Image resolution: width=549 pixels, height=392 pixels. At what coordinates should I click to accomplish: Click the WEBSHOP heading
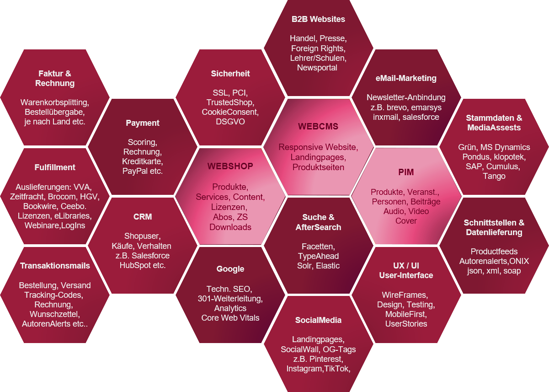[x=230, y=166]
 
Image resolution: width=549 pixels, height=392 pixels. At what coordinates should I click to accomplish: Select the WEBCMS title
[x=318, y=126]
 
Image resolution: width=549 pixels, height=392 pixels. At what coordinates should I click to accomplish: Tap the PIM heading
[x=406, y=172]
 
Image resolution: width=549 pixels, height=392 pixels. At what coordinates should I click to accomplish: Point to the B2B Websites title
[x=318, y=19]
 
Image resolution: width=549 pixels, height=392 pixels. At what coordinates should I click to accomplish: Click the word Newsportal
[x=317, y=67]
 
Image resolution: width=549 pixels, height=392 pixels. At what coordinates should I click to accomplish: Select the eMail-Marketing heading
[x=406, y=78]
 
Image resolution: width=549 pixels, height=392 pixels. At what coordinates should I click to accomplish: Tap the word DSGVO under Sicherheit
[x=230, y=121]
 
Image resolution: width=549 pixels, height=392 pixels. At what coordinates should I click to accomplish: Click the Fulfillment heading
[x=55, y=167]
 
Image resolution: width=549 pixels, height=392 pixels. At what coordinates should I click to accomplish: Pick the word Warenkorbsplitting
[x=55, y=102]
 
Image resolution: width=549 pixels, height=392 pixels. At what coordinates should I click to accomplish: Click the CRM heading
[x=143, y=217]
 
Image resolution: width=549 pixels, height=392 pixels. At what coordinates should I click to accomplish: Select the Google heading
[x=230, y=269]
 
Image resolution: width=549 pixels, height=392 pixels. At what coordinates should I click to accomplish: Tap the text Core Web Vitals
[x=230, y=318]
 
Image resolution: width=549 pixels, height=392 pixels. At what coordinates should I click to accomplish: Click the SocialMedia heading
[x=318, y=320]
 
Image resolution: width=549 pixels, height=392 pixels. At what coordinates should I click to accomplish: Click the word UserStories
[x=406, y=323]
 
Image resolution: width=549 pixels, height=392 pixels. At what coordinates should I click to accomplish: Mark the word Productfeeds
[x=494, y=252]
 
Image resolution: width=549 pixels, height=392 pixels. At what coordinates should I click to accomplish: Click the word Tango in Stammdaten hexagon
[x=494, y=176]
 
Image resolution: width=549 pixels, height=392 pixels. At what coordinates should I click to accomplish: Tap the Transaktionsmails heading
[x=55, y=266]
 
